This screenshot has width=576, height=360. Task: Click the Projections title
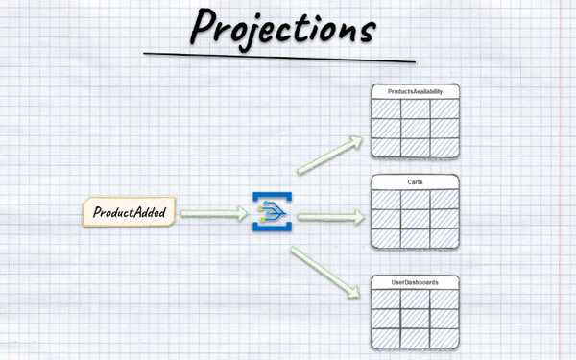[x=283, y=29]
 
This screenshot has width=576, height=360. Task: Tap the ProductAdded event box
[x=129, y=212]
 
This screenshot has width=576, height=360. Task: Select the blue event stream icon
[x=273, y=211]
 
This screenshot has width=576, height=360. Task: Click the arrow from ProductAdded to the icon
[x=214, y=214]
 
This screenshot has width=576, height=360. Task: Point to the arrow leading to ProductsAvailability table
[x=329, y=155]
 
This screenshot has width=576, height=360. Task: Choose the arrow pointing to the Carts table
[x=331, y=217]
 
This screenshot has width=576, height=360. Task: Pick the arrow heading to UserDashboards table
[x=325, y=273]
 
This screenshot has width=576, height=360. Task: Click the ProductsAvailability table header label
[x=415, y=91]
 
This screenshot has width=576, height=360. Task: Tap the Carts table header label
[x=415, y=182]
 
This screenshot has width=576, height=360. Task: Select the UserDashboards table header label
[x=415, y=282]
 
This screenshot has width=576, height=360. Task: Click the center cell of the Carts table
[x=415, y=219]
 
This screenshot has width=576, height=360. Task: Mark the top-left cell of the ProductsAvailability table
[x=386, y=108]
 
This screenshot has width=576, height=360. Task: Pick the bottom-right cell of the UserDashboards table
[x=444, y=338]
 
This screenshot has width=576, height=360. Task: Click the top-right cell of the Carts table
[x=444, y=200]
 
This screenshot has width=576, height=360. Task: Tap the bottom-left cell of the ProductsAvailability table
[x=386, y=148]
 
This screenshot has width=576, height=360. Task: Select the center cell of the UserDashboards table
[x=415, y=319]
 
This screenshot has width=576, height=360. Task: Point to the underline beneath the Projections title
[x=279, y=58]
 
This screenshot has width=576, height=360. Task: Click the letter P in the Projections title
[x=204, y=27]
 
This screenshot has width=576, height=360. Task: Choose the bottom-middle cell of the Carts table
[x=415, y=238]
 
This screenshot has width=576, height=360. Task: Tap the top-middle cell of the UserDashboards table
[x=415, y=300]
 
